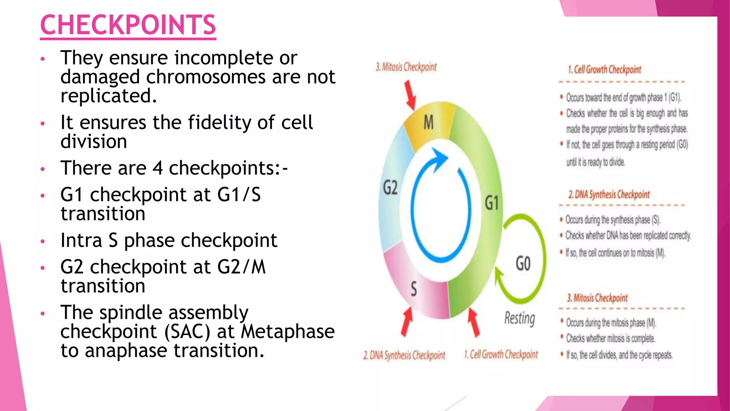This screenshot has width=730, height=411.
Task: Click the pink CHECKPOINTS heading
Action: tap(128, 25)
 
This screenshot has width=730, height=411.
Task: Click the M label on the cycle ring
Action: tap(428, 123)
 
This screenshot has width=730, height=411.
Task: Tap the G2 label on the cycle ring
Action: tap(390, 187)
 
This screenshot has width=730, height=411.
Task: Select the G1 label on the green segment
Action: tap(492, 203)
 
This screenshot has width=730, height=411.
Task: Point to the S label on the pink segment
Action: tap(414, 289)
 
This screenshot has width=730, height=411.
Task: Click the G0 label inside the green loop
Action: tap(523, 264)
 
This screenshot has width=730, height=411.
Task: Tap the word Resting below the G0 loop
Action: tap(519, 318)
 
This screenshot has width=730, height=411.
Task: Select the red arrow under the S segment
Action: tap(406, 322)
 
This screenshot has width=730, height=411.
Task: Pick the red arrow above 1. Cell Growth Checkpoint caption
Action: tap(473, 322)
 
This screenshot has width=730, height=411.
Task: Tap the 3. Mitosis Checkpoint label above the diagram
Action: tap(406, 67)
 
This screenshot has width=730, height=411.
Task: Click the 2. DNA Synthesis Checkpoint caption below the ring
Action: tap(404, 355)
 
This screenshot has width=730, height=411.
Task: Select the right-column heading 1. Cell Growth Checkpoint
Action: tap(604, 70)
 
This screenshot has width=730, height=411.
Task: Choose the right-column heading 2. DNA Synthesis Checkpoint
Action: tap(609, 195)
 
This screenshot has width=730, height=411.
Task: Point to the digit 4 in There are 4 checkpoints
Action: tap(158, 168)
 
